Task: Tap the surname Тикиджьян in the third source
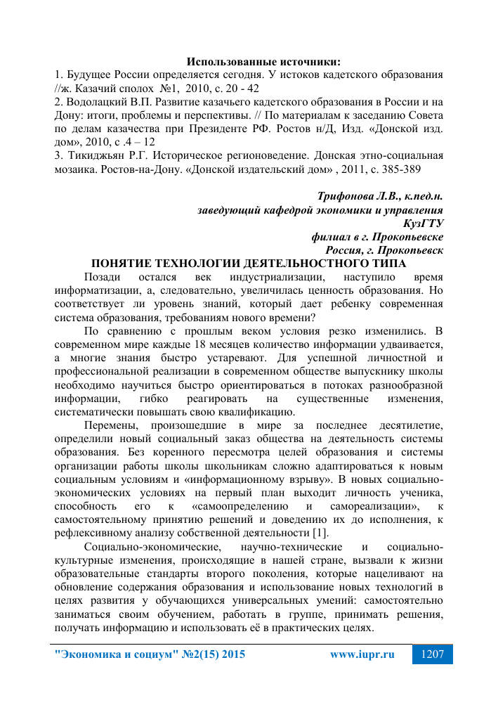[97, 157]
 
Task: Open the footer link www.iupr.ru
[362, 654]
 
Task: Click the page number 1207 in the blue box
[432, 654]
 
